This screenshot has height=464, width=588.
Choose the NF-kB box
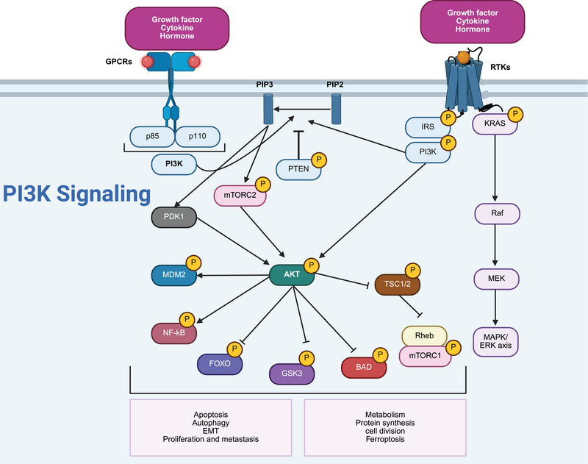click(x=173, y=332)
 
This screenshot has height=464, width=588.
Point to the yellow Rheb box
click(x=424, y=336)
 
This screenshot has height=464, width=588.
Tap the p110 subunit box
click(x=198, y=137)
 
